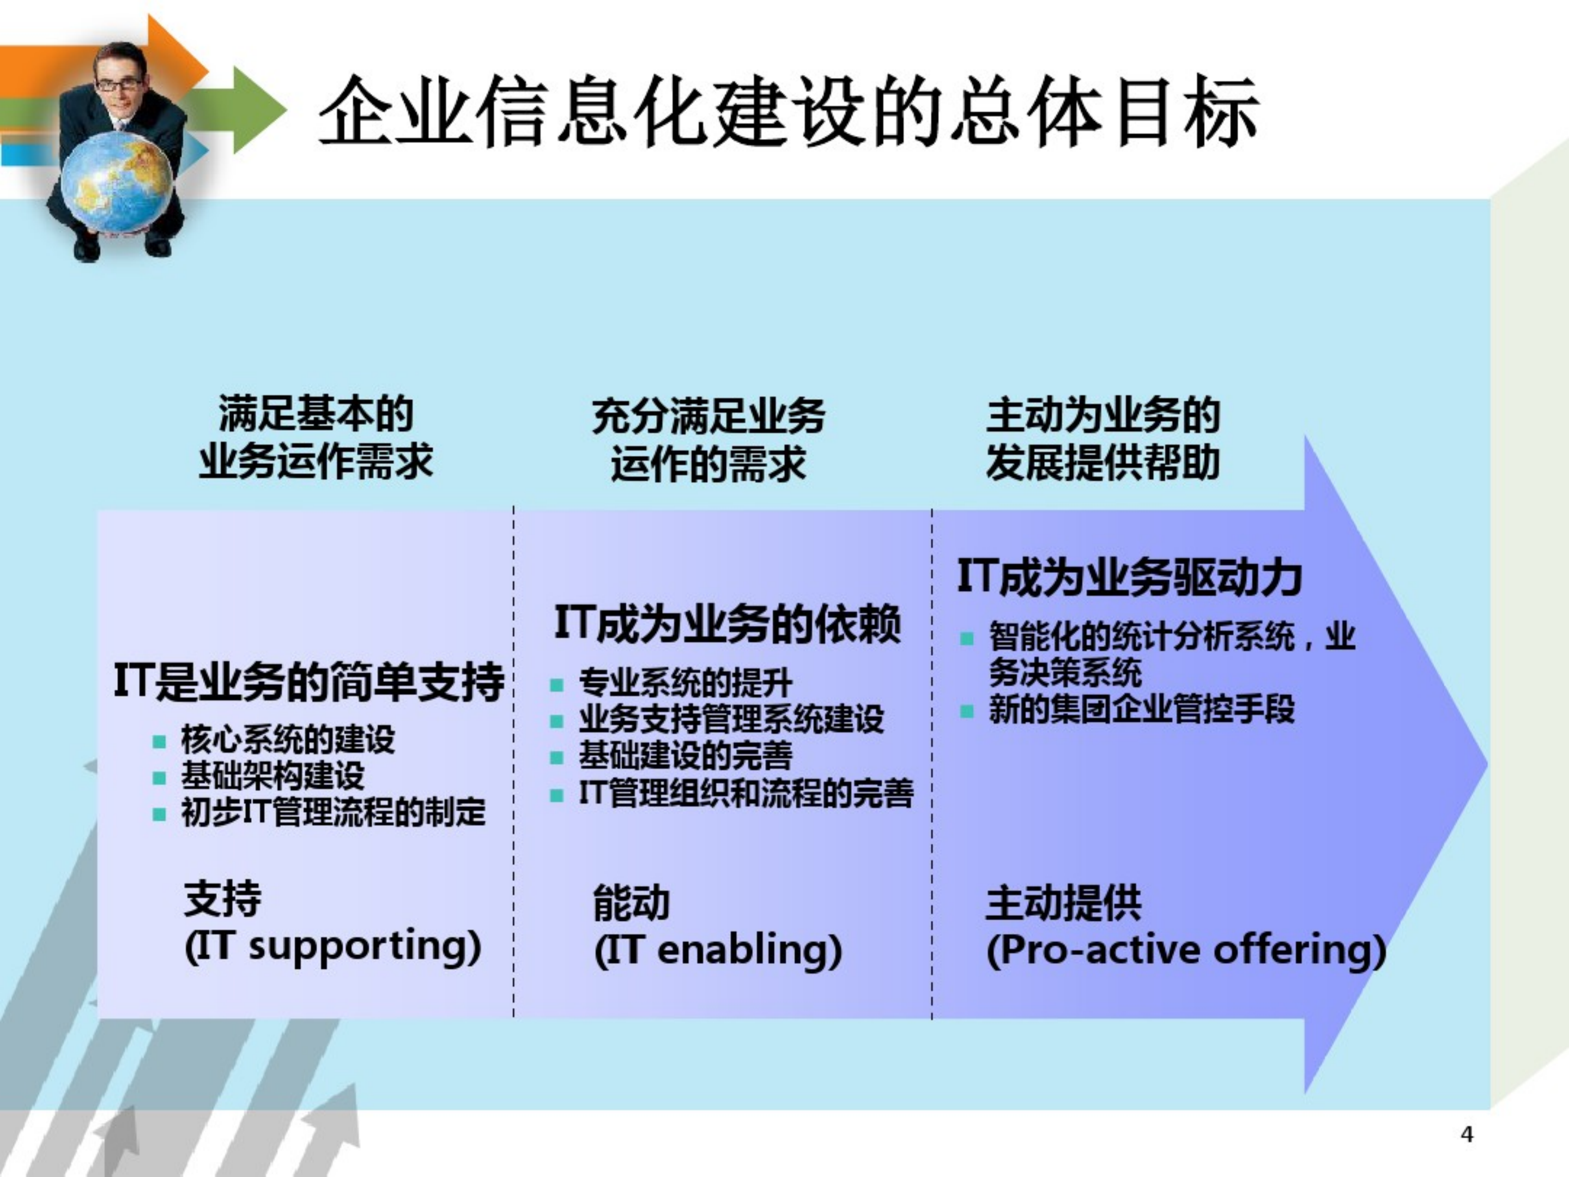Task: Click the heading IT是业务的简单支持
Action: pyautogui.click(x=308, y=683)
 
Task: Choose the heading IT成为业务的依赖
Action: pyautogui.click(x=727, y=624)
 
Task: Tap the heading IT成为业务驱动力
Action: pyautogui.click(x=1129, y=577)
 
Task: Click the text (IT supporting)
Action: pyautogui.click(x=332, y=947)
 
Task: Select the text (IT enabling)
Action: pyautogui.click(x=718, y=951)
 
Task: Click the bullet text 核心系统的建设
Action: pyautogui.click(x=287, y=740)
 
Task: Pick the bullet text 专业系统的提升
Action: pyautogui.click(x=684, y=683)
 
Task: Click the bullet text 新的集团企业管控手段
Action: pyautogui.click(x=1142, y=709)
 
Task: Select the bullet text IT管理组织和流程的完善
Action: pyautogui.click(x=746, y=793)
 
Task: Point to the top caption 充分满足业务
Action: pyautogui.click(x=708, y=416)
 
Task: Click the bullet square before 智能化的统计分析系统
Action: pyautogui.click(x=966, y=638)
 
